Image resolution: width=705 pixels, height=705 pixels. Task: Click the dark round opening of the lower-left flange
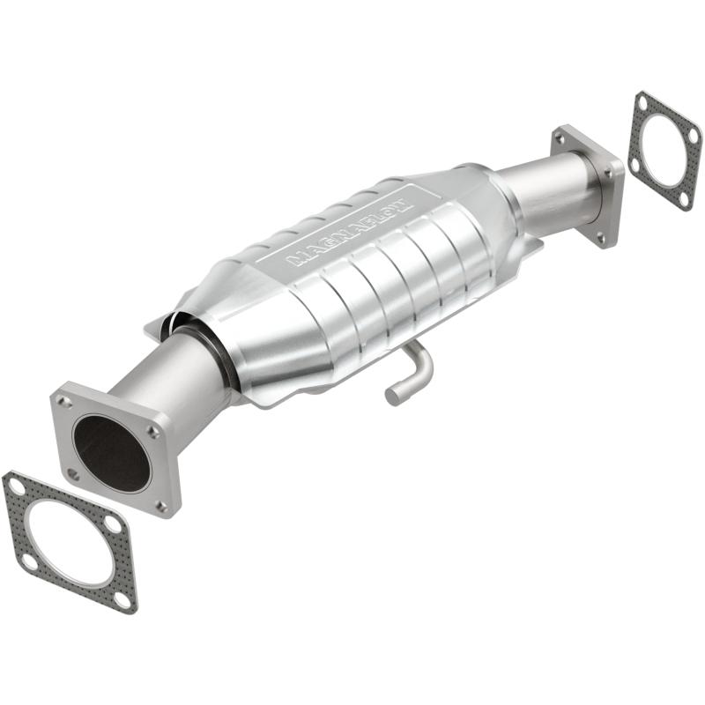(110, 452)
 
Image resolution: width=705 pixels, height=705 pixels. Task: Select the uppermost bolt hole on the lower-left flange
(64, 402)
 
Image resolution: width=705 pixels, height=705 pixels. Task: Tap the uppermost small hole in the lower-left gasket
(15, 483)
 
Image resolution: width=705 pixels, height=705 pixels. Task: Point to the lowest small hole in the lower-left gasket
(122, 598)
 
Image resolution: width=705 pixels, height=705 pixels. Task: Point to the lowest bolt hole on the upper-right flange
(601, 236)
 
